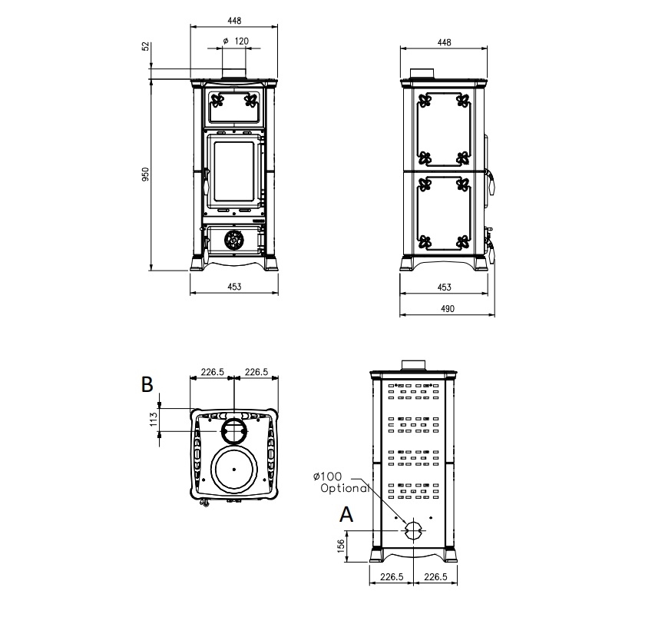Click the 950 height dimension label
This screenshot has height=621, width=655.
click(x=145, y=174)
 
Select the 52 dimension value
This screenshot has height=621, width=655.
click(x=145, y=46)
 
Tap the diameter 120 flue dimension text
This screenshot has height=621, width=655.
click(x=236, y=41)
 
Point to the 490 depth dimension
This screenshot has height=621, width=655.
click(x=448, y=309)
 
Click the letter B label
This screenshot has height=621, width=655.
click(x=147, y=384)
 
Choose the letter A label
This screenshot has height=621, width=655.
click(x=346, y=514)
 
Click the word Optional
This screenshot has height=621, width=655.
click(x=345, y=488)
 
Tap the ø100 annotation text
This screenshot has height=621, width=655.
click(x=327, y=477)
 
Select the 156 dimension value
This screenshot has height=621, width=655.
click(x=341, y=546)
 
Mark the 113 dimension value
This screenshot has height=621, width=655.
click(x=154, y=420)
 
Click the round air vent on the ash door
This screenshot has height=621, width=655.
click(x=234, y=240)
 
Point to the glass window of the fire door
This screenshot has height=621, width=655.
click(x=234, y=172)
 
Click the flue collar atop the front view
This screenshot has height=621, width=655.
click(x=234, y=73)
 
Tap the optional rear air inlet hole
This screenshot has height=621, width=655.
click(x=413, y=530)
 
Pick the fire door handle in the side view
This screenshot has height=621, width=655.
click(x=491, y=181)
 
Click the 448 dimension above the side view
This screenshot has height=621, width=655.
click(x=444, y=42)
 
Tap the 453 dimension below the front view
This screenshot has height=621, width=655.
click(x=234, y=287)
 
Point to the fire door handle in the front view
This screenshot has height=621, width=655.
click(x=206, y=181)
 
